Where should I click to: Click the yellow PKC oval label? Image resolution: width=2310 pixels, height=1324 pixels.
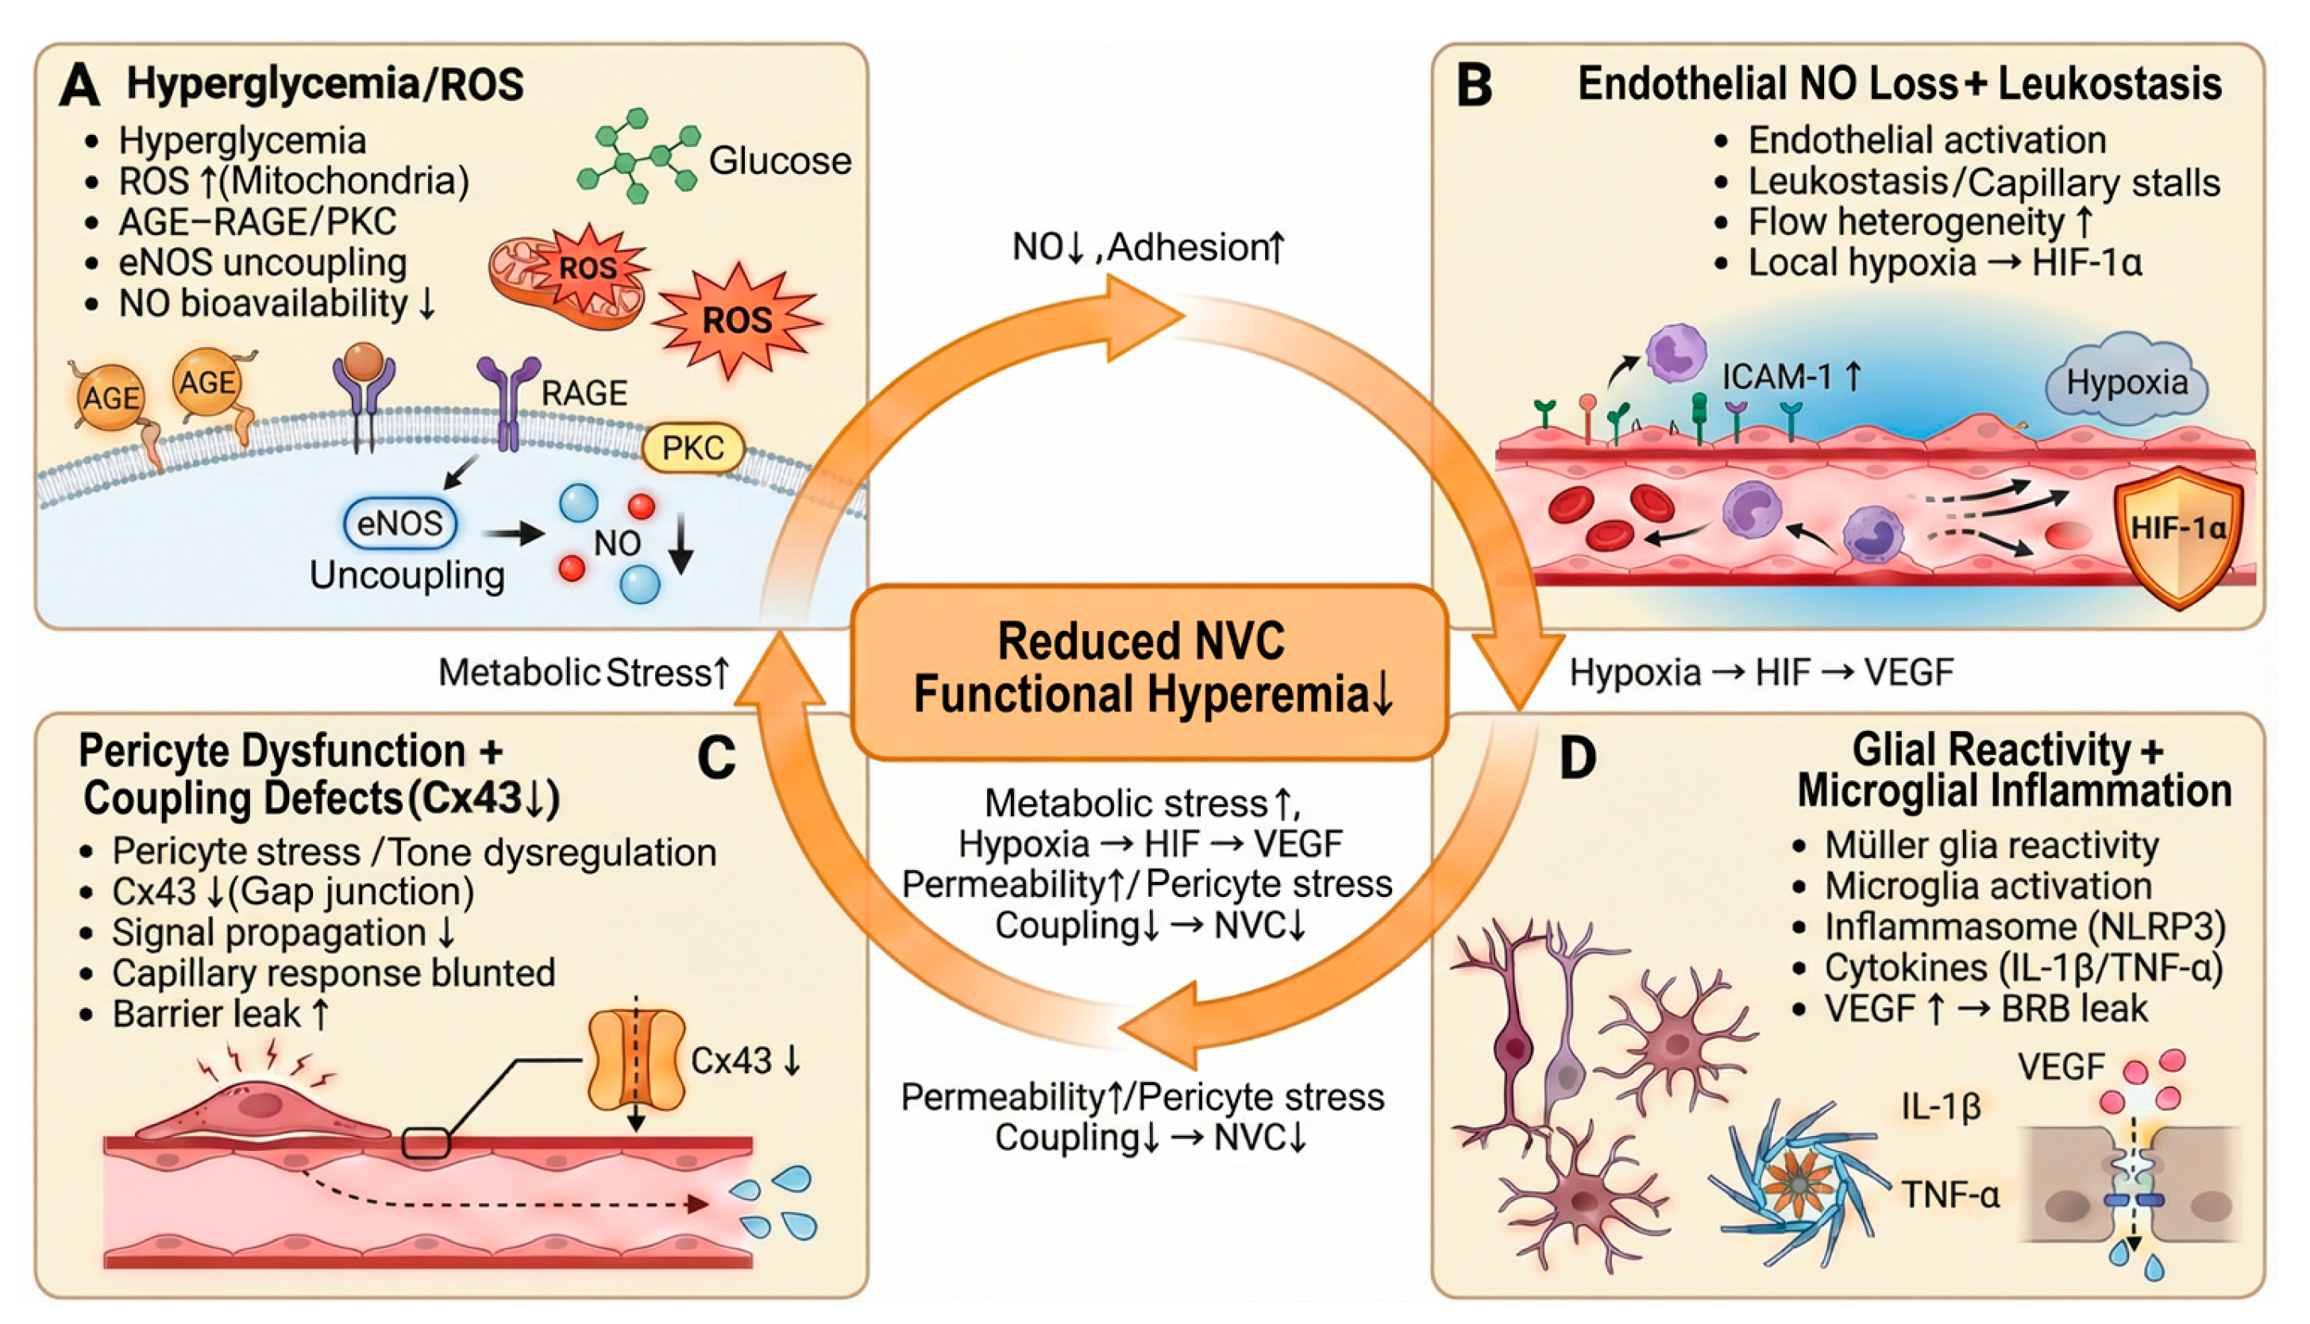693,448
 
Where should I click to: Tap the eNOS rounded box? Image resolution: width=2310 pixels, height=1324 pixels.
400,524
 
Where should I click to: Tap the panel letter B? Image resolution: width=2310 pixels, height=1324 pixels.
1474,87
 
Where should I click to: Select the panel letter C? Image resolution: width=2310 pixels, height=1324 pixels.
715,757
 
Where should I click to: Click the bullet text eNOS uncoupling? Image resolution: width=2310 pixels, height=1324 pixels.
263,263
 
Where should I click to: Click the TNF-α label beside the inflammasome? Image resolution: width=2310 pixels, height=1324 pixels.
1951,1195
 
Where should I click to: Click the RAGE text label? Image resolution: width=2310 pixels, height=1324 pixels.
584,394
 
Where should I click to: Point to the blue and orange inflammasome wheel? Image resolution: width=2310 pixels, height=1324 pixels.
1797,1185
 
